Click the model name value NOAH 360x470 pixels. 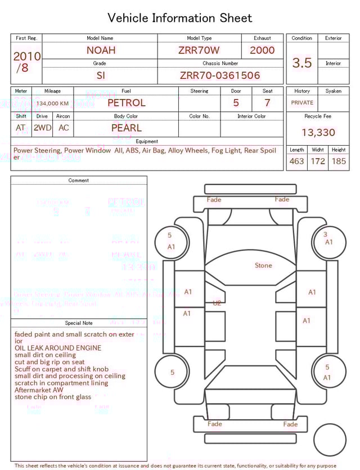coord(101,50)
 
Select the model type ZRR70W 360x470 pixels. coord(199,50)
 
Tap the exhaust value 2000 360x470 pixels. coord(262,50)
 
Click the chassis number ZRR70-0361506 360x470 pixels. coord(220,75)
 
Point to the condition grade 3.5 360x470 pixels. coord(301,63)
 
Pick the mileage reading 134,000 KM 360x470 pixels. coord(53,104)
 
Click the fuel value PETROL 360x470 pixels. coord(126,102)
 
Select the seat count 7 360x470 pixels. coord(267,103)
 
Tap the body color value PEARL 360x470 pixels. coord(126,128)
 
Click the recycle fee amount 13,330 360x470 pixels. coord(318,132)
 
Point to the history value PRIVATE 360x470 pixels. coord(302,103)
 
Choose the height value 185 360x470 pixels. coord(339,161)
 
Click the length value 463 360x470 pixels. coord(296,161)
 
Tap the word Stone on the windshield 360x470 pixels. coord(263,265)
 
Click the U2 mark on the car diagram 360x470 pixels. coord(217,303)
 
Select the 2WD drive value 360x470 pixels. coord(42,128)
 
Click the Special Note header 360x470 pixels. coord(79,323)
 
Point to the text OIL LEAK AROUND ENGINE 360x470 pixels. coord(58,348)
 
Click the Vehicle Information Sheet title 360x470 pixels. coord(180,18)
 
